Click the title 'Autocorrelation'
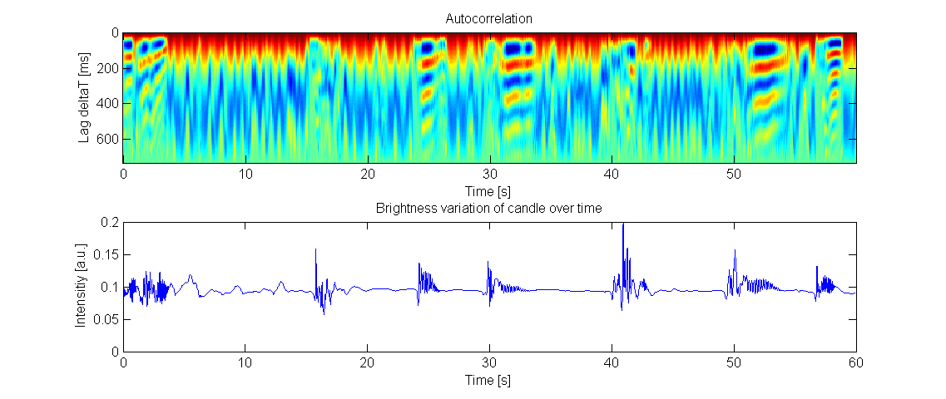489,17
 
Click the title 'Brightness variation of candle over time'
489,208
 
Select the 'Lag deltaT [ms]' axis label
84,96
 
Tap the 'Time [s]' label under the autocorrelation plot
489,190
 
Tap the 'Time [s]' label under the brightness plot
489,380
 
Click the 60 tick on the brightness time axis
856,363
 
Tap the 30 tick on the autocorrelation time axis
489,174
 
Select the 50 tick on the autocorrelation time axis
734,174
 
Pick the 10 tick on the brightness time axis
245,363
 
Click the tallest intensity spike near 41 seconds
623,224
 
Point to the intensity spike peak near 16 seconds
316,249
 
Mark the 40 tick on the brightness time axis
612,363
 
